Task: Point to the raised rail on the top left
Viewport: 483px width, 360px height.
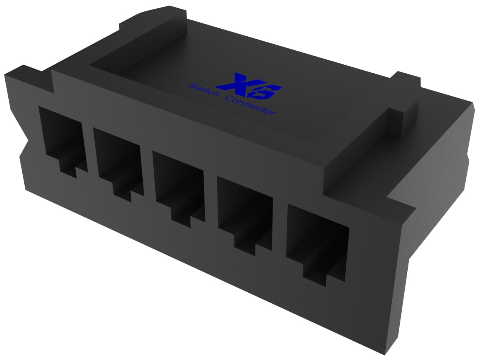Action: [140, 42]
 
